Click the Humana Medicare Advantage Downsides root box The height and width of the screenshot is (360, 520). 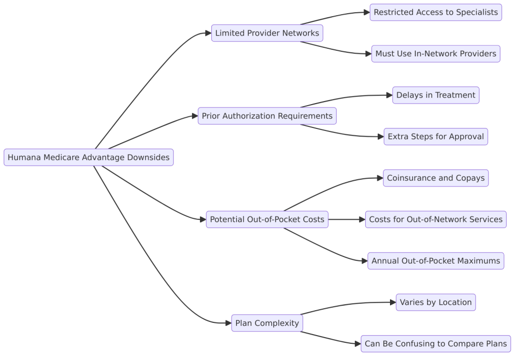88,157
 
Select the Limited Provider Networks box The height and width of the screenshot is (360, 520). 267,33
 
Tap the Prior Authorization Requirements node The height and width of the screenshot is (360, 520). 267,116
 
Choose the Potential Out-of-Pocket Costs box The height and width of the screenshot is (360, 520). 267,219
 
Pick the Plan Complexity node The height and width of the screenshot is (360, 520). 267,323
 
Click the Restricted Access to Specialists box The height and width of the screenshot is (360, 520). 436,12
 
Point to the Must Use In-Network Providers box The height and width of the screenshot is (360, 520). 436,54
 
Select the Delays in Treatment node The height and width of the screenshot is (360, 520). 436,95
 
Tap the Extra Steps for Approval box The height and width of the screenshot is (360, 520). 436,137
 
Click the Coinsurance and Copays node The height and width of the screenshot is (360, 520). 436,178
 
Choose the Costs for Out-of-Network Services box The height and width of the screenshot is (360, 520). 436,219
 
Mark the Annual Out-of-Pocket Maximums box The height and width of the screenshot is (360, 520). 436,261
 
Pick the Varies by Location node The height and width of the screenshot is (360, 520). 436,302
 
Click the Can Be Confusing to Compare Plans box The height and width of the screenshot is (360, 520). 436,344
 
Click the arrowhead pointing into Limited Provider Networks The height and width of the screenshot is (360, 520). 208,33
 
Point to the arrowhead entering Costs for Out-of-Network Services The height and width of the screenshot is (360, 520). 362,219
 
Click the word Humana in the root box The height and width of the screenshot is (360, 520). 24,157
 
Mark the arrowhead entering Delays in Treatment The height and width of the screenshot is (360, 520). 388,95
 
